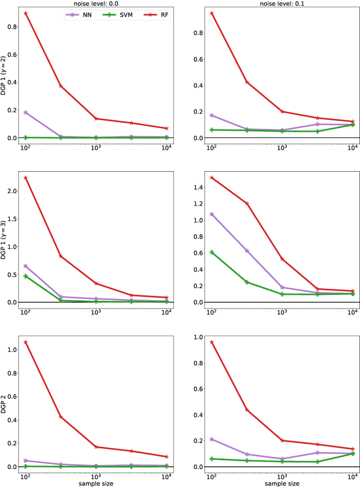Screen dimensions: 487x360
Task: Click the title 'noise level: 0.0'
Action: click(99, 3)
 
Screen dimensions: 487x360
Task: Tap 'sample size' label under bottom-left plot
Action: click(99, 482)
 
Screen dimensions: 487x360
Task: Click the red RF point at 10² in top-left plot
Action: click(25, 13)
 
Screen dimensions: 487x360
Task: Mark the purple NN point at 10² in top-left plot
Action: click(25, 113)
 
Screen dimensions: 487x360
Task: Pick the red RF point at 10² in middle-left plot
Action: click(25, 178)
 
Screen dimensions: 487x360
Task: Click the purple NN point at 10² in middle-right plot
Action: click(211, 214)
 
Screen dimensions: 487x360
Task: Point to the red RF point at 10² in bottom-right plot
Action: click(211, 342)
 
